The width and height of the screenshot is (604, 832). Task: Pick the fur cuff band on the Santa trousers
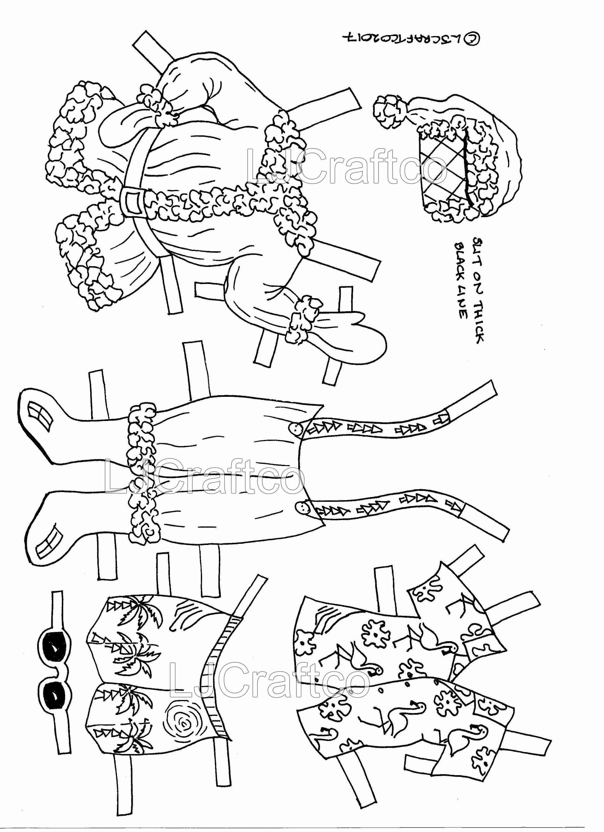[x=141, y=471]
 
